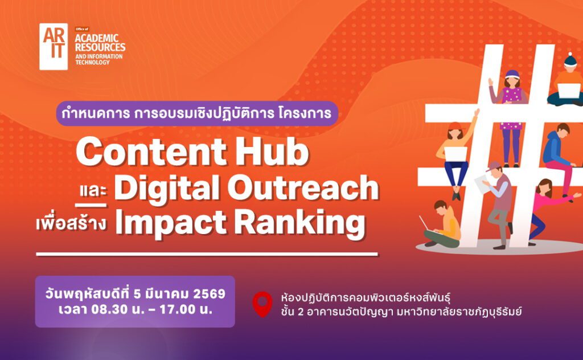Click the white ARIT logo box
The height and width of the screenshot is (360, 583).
tap(54, 47)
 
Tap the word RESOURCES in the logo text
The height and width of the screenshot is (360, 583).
tap(100, 47)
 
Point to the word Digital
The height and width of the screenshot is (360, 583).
tap(167, 188)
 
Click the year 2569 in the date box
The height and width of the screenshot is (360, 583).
tap(210, 294)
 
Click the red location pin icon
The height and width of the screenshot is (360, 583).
tap(262, 304)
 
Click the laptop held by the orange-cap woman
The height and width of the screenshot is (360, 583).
tap(456, 154)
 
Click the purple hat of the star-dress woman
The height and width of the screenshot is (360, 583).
tap(512, 74)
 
